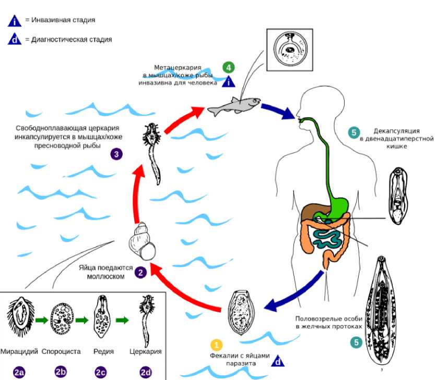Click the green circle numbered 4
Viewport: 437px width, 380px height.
pyautogui.click(x=228, y=67)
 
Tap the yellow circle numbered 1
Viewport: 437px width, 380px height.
pyautogui.click(x=216, y=345)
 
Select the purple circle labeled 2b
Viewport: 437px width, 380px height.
pyautogui.click(x=61, y=372)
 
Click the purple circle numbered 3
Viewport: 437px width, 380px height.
pyautogui.click(x=116, y=154)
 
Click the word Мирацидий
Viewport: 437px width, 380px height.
pyautogui.click(x=19, y=351)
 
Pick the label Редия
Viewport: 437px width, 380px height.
pyautogui.click(x=104, y=351)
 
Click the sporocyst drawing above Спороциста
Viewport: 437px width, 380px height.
pyautogui.click(x=60, y=319)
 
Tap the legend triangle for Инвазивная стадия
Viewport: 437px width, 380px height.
pyautogui.click(x=15, y=21)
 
